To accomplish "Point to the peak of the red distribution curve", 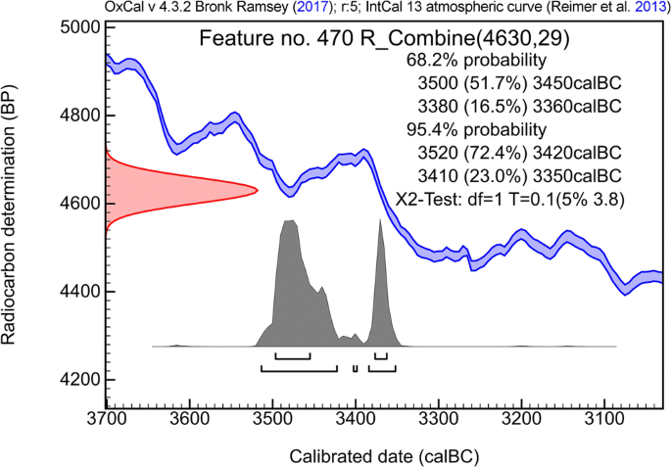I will tap(257, 189).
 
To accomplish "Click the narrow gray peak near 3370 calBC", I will tap(379, 219).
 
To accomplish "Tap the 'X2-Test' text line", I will tap(510, 199).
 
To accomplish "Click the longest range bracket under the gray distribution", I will tap(299, 369).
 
